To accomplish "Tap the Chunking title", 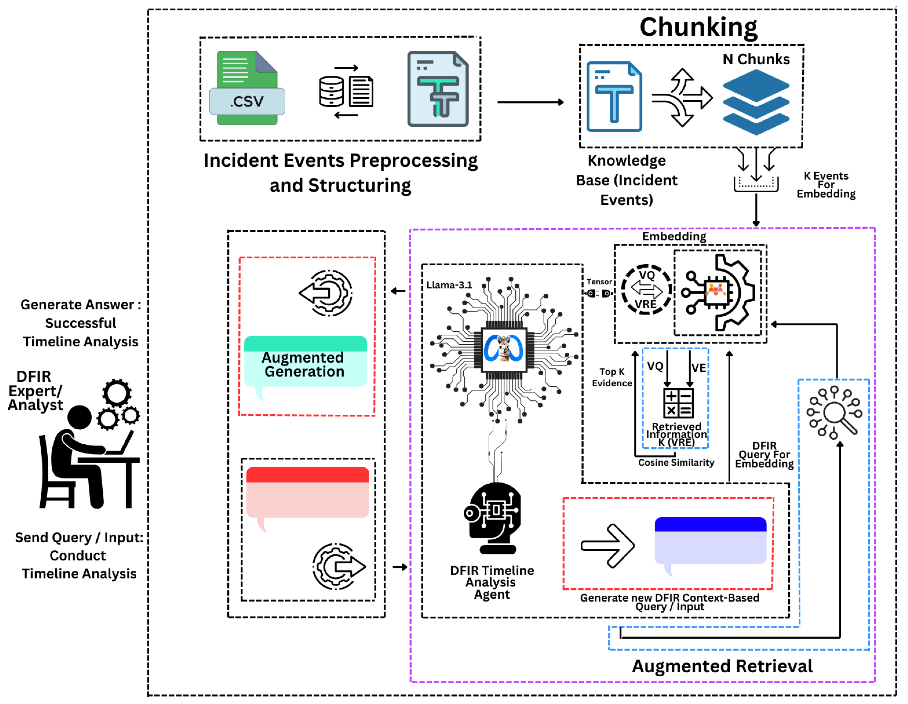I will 698,28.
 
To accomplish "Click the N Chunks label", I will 756,59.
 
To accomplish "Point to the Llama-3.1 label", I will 449,285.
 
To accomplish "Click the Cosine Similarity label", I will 676,463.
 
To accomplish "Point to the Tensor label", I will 599,282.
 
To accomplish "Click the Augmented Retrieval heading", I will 722,666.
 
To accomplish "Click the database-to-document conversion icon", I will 346,91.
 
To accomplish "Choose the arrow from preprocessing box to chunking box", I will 530,102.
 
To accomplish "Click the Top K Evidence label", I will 612,377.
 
